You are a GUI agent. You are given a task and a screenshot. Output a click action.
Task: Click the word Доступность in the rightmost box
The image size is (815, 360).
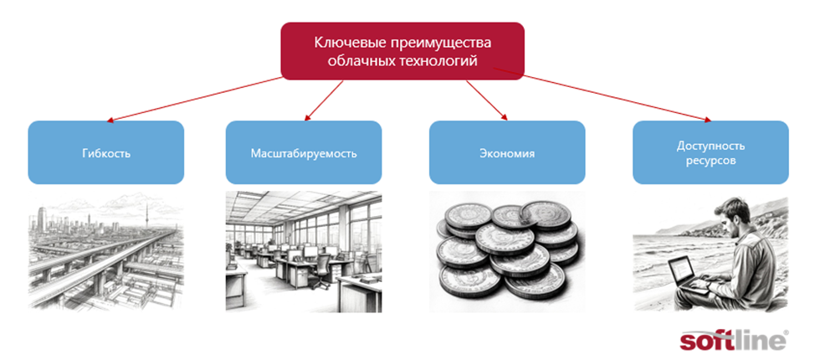pos(710,145)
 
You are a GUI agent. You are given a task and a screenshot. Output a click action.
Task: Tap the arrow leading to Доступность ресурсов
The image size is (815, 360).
pos(619,99)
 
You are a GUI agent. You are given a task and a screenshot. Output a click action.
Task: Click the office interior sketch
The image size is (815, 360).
pos(304,251)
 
